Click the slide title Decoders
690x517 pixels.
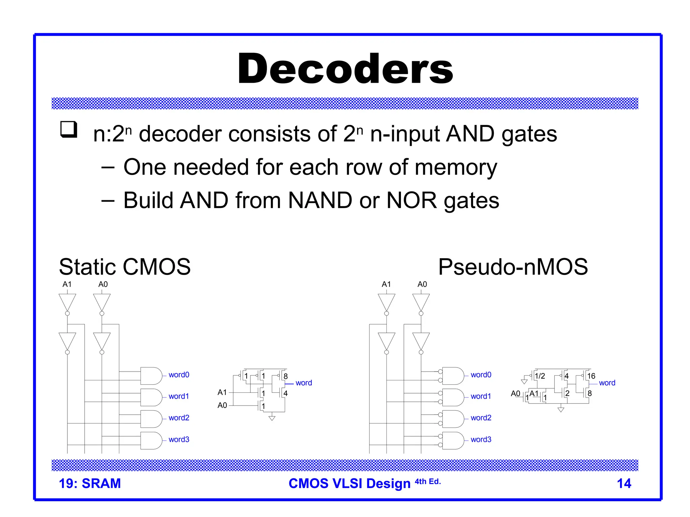coord(345,69)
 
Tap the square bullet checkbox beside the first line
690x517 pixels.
coord(69,129)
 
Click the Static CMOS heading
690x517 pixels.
coord(125,267)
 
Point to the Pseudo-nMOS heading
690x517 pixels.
coord(513,267)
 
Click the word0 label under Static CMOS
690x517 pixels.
coord(179,375)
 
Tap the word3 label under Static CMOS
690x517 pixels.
coord(179,439)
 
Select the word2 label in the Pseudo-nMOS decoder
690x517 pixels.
coord(481,418)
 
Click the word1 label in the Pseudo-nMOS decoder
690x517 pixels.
coord(481,396)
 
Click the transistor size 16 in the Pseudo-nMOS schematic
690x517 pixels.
coord(591,376)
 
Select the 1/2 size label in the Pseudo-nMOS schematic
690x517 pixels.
coord(540,376)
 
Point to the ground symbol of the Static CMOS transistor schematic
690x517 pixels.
coord(272,418)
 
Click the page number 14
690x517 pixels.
coord(624,484)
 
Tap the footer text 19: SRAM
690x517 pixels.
coord(90,484)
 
